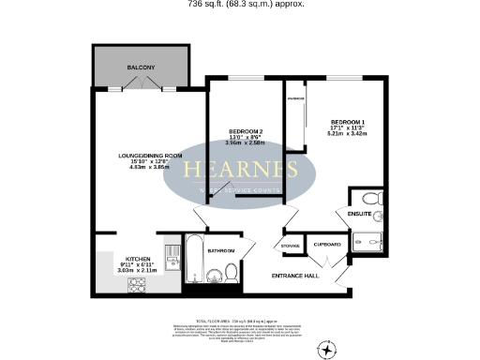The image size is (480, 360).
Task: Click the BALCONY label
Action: tap(143, 67)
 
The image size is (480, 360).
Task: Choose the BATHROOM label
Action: tap(221, 250)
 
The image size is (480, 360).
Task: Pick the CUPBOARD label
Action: tap(327, 244)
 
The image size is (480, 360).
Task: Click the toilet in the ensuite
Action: tap(371, 199)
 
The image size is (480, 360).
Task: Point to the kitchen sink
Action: tap(172, 264)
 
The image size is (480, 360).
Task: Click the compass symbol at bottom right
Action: tap(326, 348)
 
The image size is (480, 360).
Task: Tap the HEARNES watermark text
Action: tap(240, 170)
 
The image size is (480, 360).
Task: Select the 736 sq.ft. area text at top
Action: tap(240, 4)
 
